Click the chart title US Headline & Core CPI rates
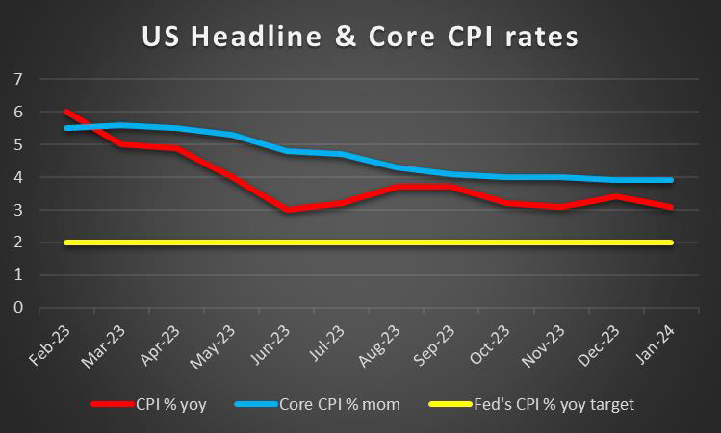360,38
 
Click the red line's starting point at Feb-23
64,112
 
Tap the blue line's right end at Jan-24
671,180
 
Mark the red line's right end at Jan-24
671,206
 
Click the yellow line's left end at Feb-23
64,242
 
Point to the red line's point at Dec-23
616,196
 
